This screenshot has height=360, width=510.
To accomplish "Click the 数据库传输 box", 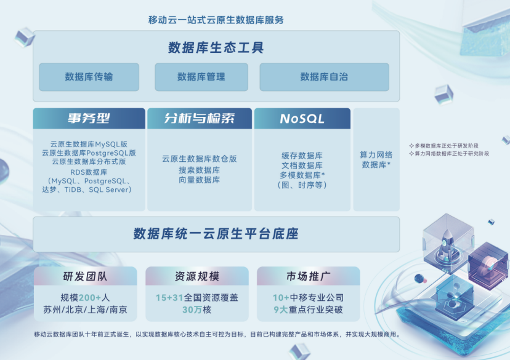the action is (89, 77).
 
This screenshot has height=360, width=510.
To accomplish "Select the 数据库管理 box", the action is (201, 77).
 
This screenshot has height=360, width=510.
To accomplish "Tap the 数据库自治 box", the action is (324, 77).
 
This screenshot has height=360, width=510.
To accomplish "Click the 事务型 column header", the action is (89, 119).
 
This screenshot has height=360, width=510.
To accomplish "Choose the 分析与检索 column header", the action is (199, 119).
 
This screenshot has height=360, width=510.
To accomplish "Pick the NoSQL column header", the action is (302, 119).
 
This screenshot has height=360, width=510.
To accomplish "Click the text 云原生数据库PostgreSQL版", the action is (89, 153).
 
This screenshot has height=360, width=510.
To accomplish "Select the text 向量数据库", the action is (199, 180).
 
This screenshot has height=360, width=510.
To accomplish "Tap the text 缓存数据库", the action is (302, 156).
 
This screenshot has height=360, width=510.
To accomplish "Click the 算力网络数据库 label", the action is (376, 160).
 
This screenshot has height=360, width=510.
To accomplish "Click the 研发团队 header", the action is (86, 276).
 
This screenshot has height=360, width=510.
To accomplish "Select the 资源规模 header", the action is (197, 276).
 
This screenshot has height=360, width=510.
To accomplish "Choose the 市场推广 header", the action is (309, 276).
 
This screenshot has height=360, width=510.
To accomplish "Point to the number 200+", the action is (91, 298).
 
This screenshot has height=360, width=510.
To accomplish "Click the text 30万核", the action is (196, 310).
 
